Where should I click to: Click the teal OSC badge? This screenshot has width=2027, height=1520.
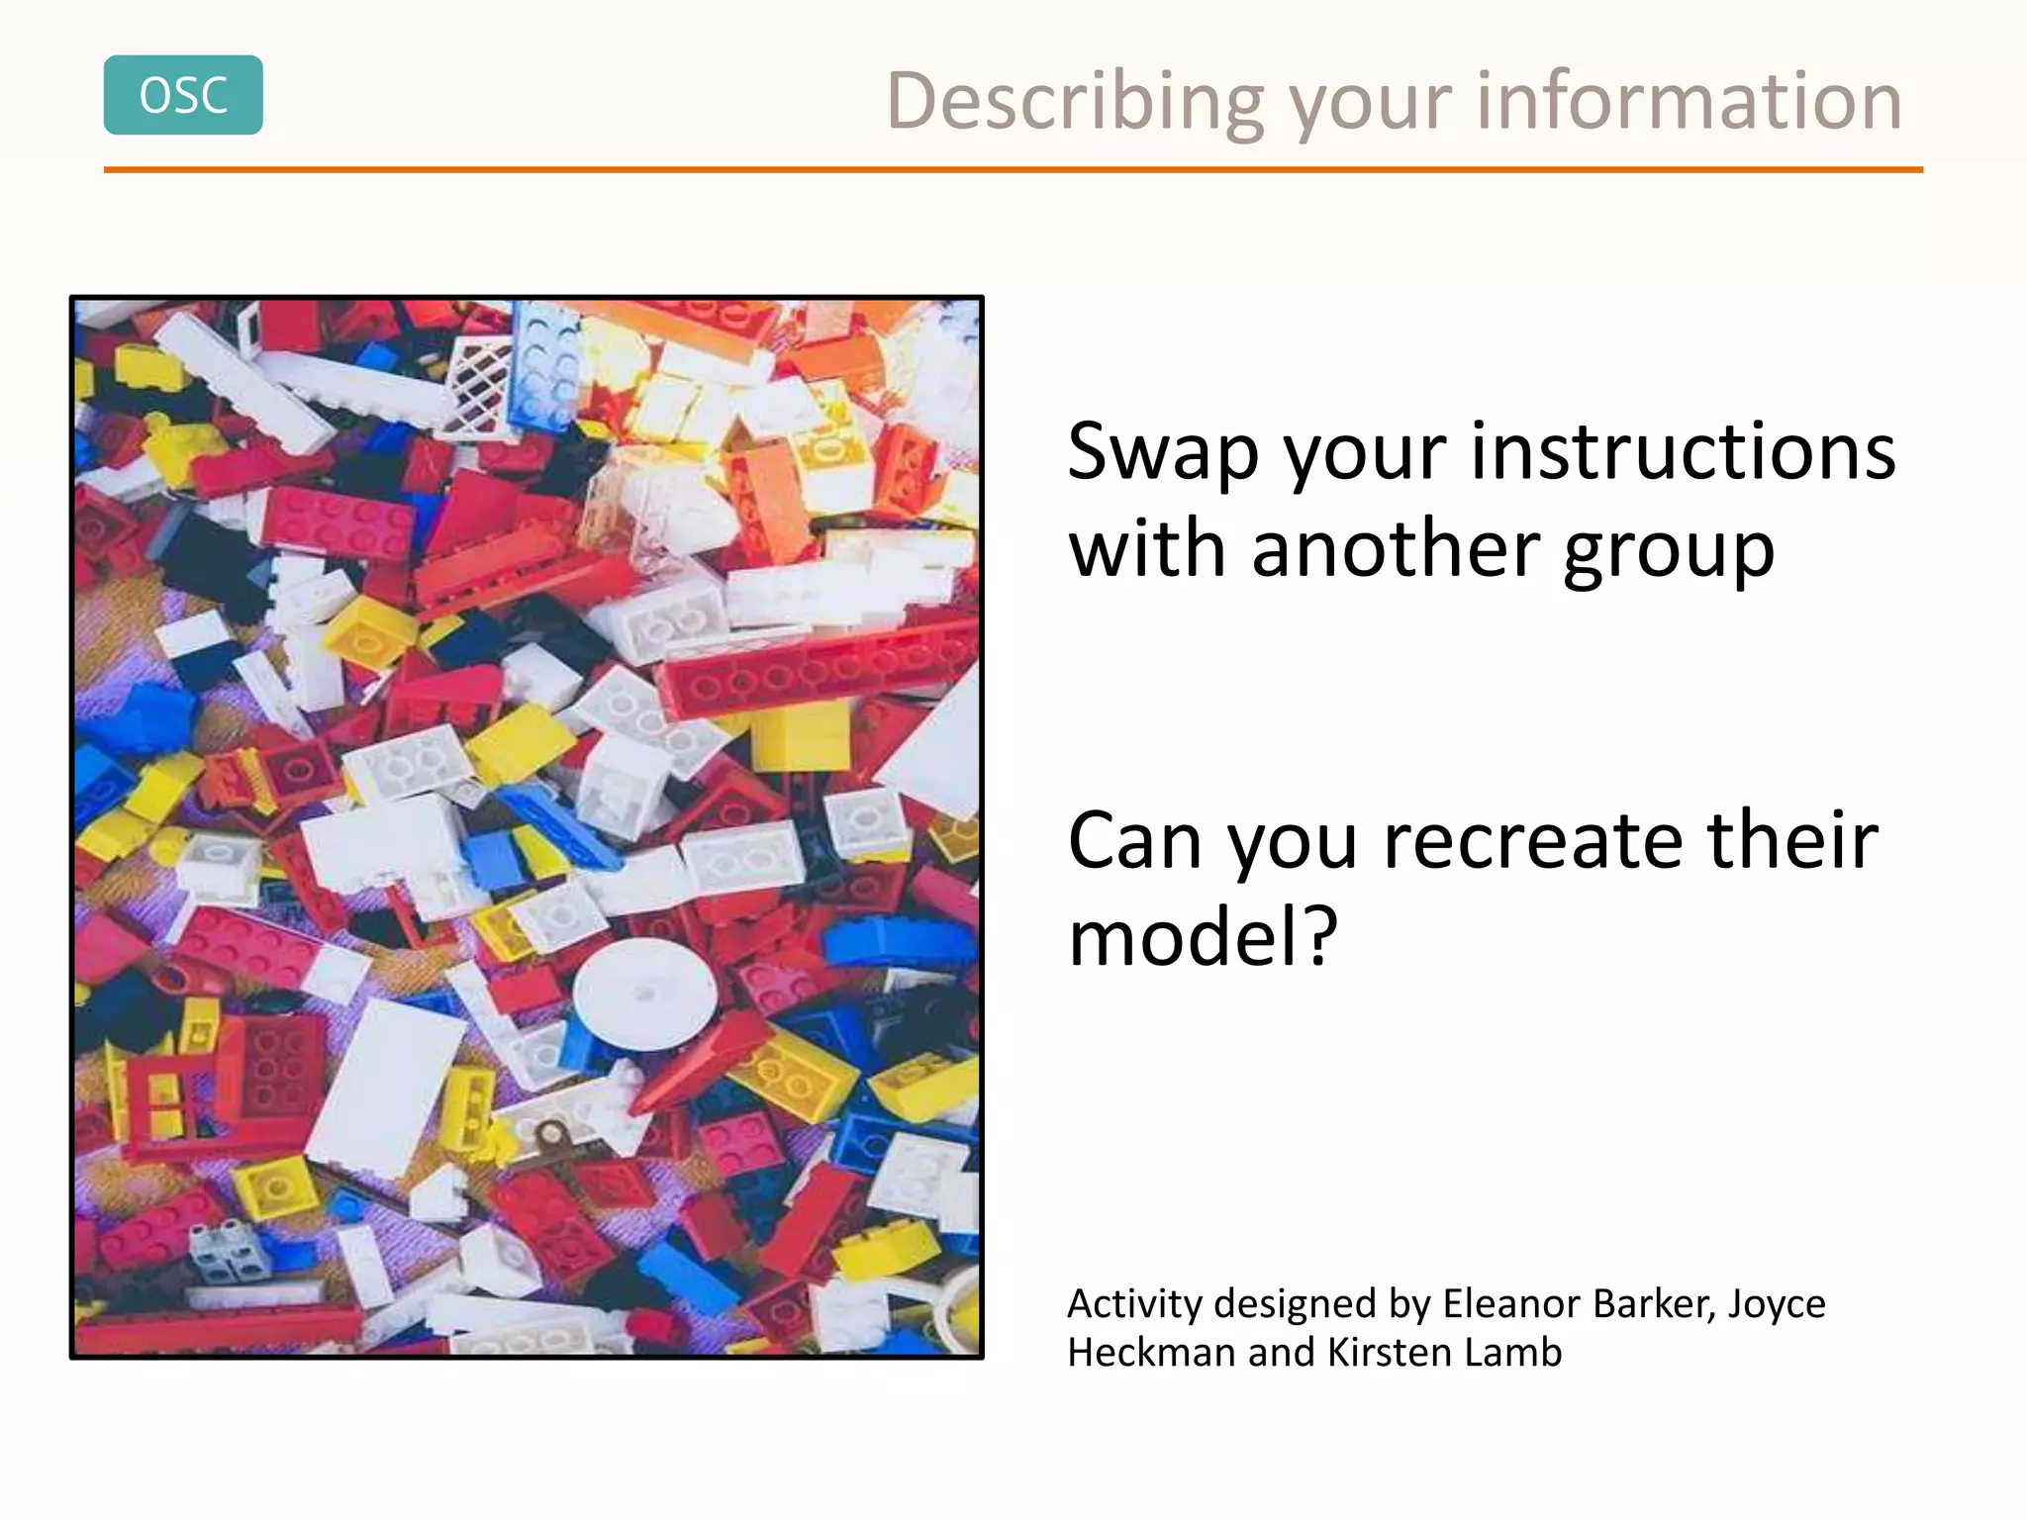click(183, 95)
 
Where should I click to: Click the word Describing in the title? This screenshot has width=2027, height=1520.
click(1075, 102)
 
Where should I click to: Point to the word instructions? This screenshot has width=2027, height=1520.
click(1683, 451)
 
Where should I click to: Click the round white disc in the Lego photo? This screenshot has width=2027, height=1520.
click(645, 994)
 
